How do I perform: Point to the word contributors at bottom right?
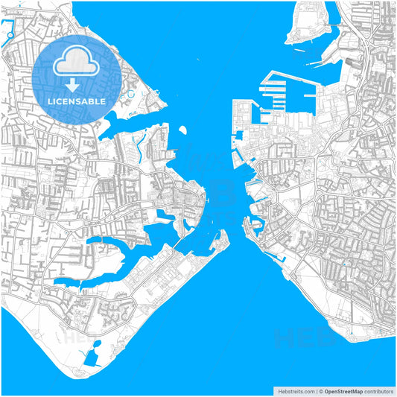(378, 390)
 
